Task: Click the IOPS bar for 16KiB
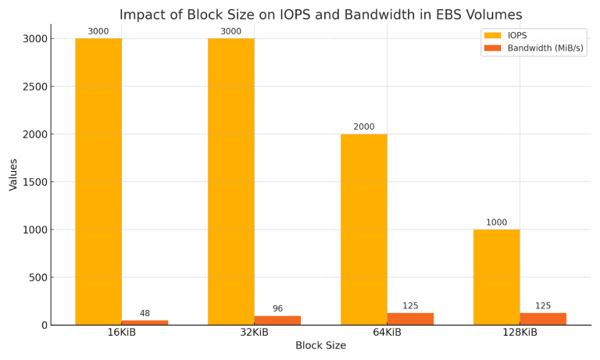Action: click(98, 181)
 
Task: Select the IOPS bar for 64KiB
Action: click(363, 230)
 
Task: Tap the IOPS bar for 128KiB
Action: click(496, 277)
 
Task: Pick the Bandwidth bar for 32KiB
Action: click(277, 320)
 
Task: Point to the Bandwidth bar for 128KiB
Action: click(543, 319)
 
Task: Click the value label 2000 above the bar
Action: click(363, 127)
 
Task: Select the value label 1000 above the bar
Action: click(496, 223)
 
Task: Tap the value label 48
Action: click(145, 314)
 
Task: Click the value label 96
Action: click(277, 309)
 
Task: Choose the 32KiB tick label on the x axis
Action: click(254, 333)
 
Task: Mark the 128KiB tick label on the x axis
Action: click(520, 333)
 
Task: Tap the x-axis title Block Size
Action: click(320, 346)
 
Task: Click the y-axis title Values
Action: click(13, 174)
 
